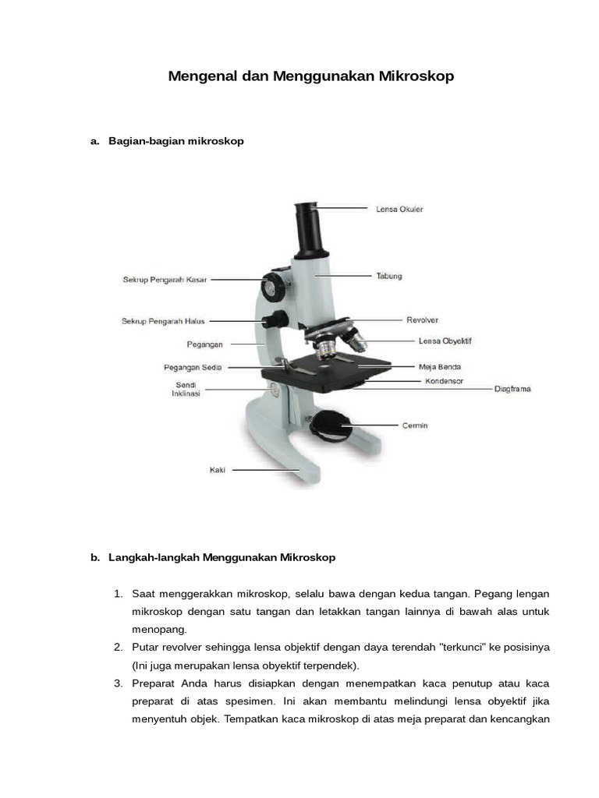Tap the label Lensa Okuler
coord(400,209)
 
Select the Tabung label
coord(389,276)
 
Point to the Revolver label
coord(422,320)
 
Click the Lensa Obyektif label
coord(445,341)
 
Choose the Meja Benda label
coord(439,366)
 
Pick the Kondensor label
coord(444,381)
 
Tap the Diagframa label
coord(512,388)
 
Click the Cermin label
coord(414,425)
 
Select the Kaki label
coord(217,470)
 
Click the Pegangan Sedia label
coord(193,367)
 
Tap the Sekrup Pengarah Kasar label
coord(165,279)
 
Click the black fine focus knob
coord(277,320)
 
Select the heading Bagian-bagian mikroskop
coord(176,141)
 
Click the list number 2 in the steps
coord(118,647)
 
